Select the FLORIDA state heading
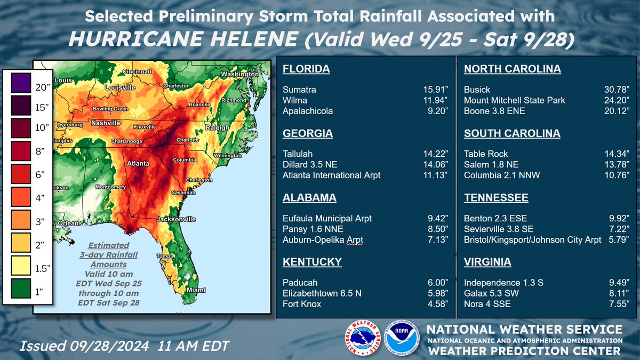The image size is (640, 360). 306,69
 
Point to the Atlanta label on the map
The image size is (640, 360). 137,163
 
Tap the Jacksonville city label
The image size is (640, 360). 176,219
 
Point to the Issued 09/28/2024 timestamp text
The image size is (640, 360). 124,346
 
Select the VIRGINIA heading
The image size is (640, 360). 487,262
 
